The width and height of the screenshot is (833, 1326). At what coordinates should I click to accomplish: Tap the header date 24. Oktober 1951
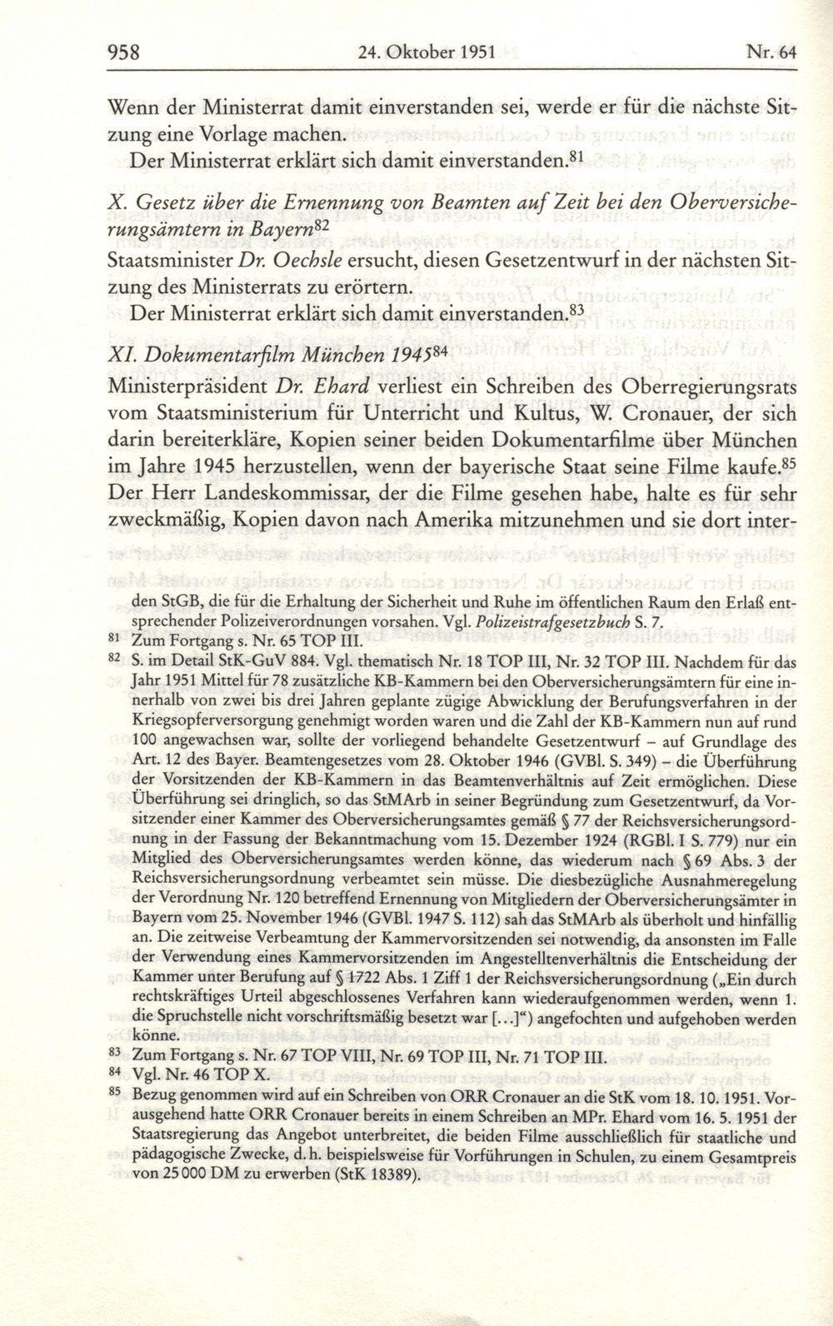(424, 52)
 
